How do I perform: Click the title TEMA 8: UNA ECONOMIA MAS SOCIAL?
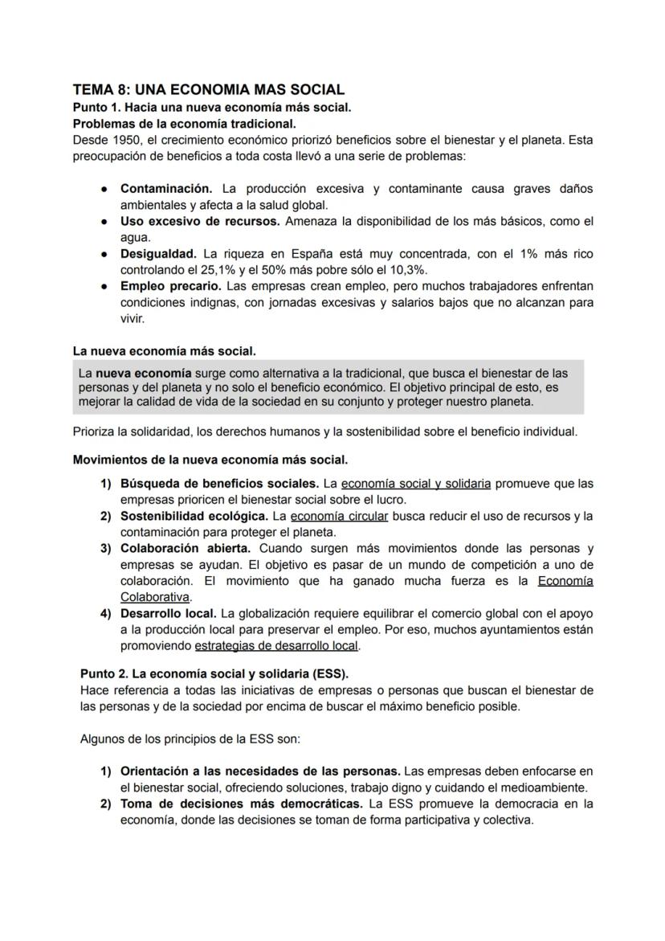(x=208, y=89)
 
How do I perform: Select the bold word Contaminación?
(x=166, y=189)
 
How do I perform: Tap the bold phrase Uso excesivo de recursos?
(x=200, y=221)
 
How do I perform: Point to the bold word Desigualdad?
(x=158, y=254)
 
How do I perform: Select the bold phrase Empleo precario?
(x=170, y=286)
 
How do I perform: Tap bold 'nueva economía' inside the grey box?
(x=144, y=373)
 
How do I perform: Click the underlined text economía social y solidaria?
(x=416, y=484)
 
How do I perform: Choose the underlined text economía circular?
(x=339, y=516)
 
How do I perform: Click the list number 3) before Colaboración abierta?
(x=105, y=548)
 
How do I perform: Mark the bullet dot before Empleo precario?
(x=105, y=286)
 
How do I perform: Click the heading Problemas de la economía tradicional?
(x=184, y=123)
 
